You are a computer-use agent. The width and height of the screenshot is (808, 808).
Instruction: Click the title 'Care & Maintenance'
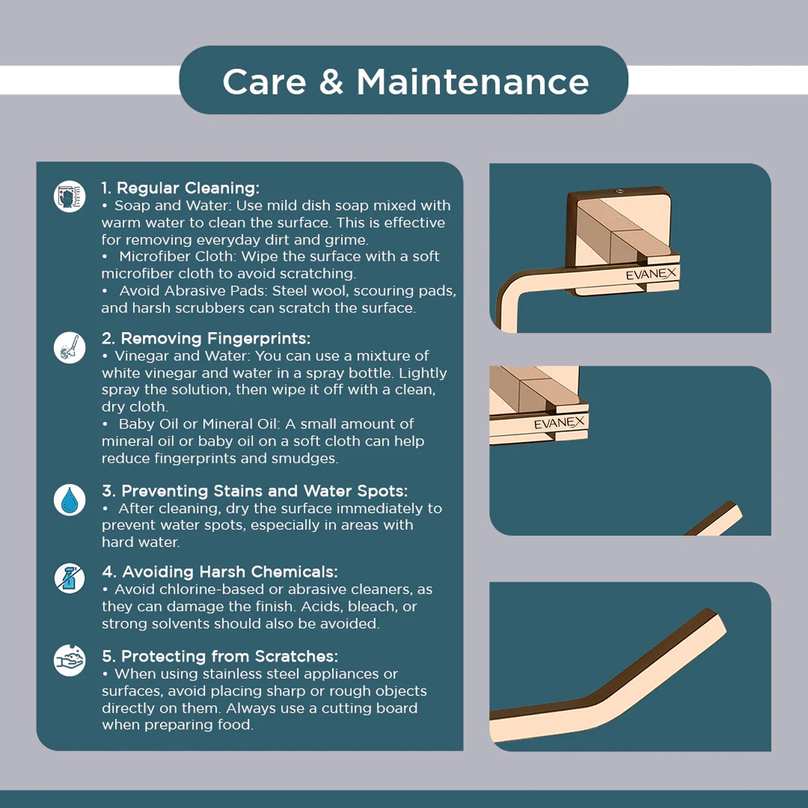coord(406,82)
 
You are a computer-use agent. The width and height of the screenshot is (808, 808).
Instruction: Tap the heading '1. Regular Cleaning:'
coord(180,188)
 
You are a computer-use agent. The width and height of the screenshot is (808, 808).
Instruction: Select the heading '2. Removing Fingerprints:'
coord(206,338)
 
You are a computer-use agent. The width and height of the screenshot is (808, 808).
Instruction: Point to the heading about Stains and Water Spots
coord(255,491)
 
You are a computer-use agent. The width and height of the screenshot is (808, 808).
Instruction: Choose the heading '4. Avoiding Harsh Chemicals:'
coord(220,572)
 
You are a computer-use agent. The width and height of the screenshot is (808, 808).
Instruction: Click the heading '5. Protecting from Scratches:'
coord(220,657)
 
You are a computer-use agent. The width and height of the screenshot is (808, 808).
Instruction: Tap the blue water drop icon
coord(69,500)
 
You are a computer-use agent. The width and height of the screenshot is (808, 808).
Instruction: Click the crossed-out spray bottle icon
coord(69,579)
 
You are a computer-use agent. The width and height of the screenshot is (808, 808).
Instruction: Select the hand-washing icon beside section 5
coord(69,660)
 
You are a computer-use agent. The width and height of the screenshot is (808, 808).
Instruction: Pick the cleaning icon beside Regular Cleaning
coord(69,197)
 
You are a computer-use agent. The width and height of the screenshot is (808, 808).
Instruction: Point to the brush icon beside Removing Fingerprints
coord(69,347)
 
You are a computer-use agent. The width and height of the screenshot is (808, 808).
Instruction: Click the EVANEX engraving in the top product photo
coord(651,274)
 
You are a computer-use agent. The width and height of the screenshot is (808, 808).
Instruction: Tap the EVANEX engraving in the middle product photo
coord(559,423)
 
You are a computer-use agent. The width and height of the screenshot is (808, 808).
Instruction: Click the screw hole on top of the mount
coord(619,191)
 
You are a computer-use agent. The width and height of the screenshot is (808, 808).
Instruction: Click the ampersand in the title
coord(331,82)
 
